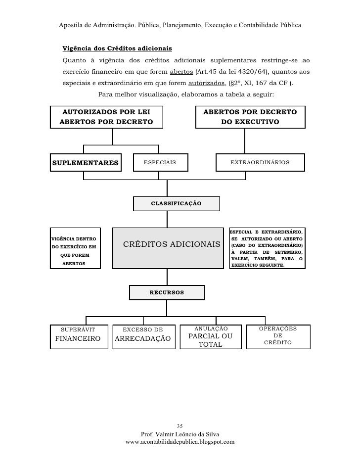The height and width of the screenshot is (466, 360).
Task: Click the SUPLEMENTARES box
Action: tap(86, 163)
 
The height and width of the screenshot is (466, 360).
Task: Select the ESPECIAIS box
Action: tap(160, 163)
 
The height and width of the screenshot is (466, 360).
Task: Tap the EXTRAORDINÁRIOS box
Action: tap(260, 163)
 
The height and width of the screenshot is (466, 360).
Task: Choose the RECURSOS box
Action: tap(167, 292)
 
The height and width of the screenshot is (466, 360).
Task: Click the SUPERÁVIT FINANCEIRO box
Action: tap(79, 336)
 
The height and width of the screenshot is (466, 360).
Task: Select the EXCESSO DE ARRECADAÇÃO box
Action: tap(143, 336)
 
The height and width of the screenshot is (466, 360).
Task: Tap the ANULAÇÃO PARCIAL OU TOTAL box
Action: tap(211, 336)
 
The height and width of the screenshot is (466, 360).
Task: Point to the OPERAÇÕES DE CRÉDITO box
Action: tap(277, 336)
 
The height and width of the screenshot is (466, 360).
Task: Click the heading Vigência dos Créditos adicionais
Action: tap(117, 48)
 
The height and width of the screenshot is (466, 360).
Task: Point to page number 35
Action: tap(180, 426)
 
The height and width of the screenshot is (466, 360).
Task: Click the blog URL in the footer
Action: tap(180, 442)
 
